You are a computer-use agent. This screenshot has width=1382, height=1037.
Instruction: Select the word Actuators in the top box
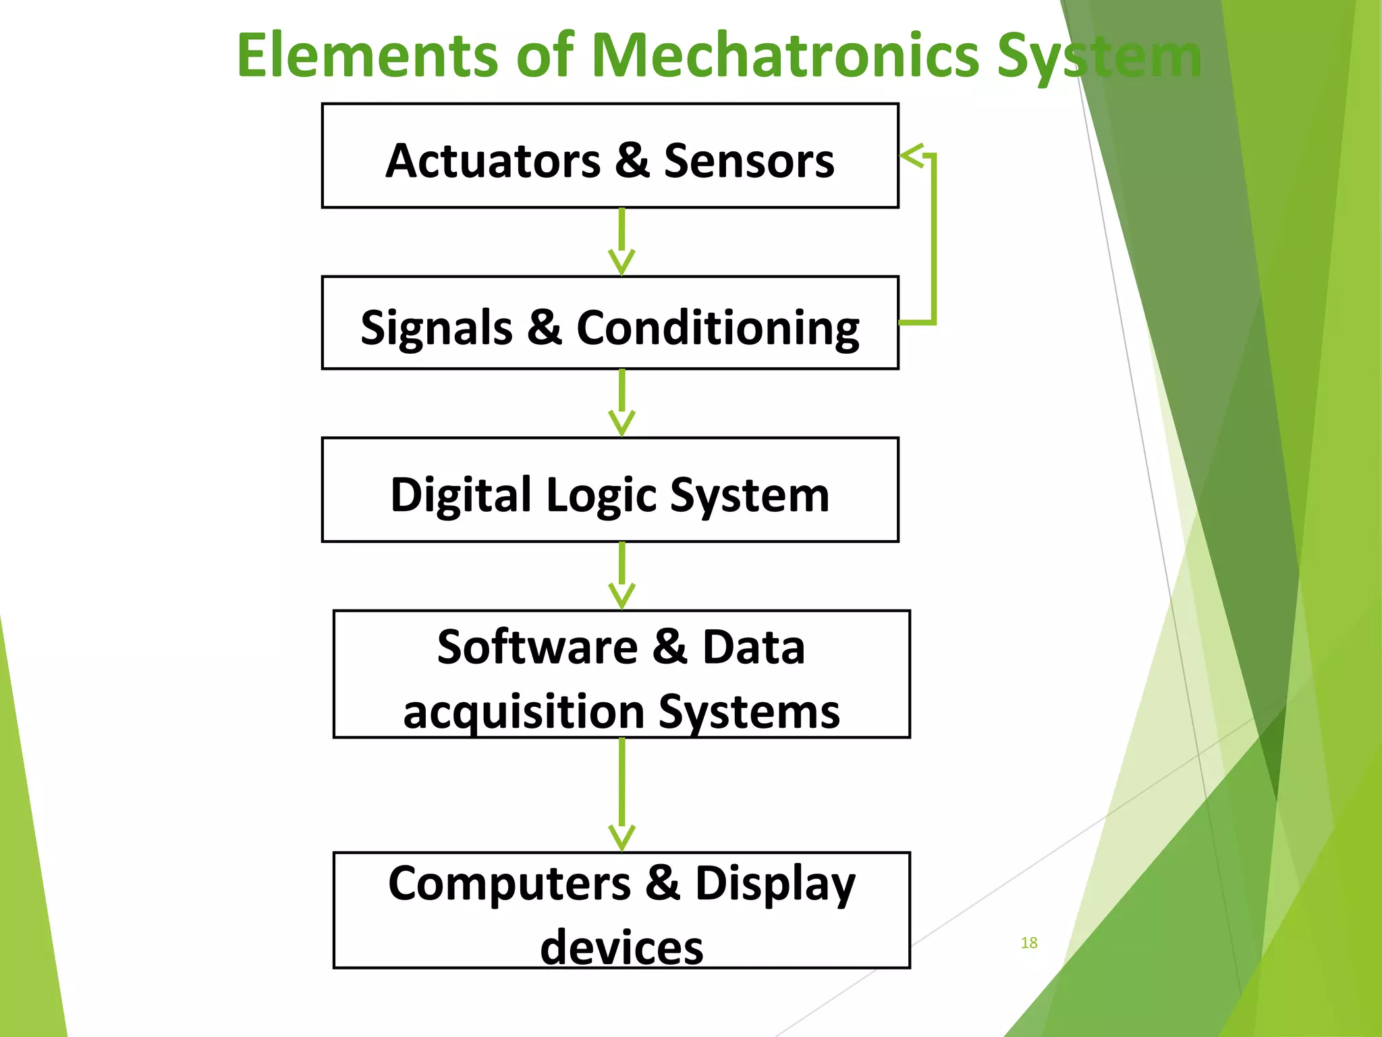(493, 161)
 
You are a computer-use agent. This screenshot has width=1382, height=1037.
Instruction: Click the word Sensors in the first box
(749, 161)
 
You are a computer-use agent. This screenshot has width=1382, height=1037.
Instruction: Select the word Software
(537, 647)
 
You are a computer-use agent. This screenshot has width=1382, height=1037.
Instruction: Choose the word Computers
(509, 884)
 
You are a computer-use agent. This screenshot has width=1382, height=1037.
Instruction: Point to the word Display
(775, 885)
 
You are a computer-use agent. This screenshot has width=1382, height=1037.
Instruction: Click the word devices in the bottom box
(621, 947)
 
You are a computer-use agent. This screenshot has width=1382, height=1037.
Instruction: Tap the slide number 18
(1029, 942)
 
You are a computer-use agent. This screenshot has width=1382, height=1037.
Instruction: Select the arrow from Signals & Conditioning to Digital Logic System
(621, 403)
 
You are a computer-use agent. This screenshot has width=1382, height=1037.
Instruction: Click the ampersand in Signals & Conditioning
(545, 327)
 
